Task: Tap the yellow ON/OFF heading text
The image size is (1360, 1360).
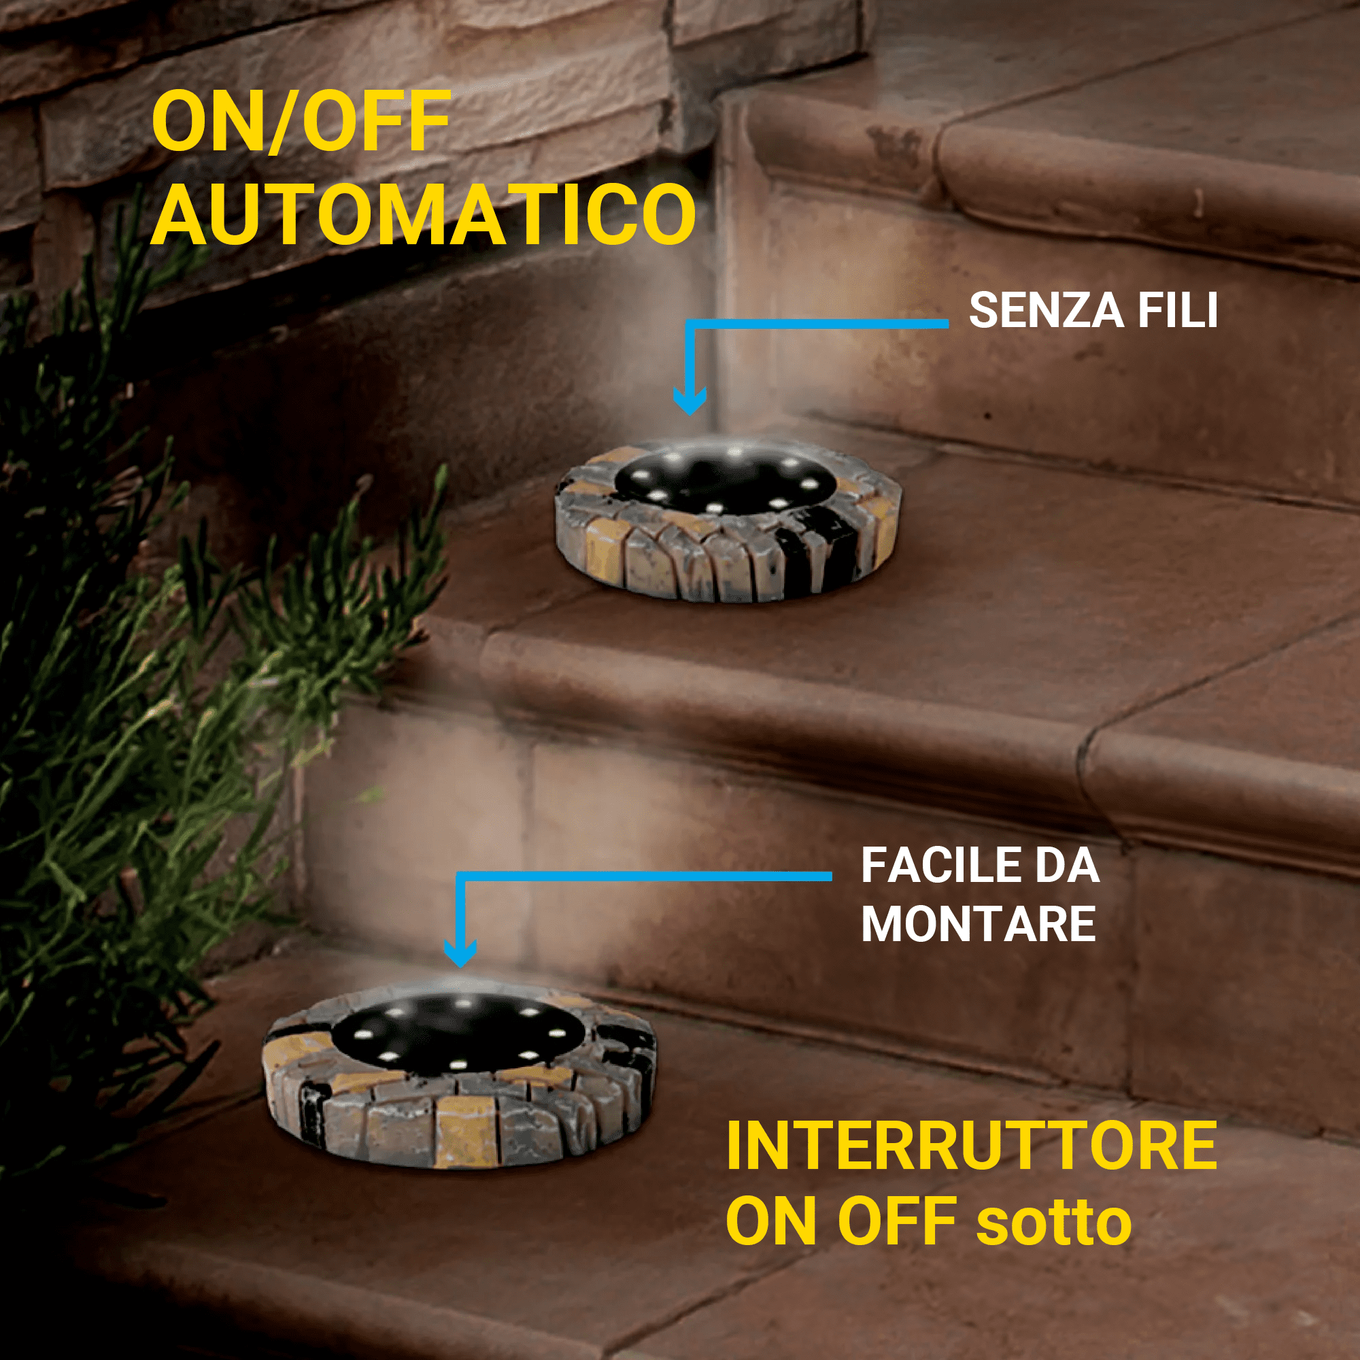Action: tap(301, 121)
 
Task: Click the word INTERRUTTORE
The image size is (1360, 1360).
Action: tap(972, 1144)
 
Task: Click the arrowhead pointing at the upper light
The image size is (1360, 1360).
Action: tap(690, 401)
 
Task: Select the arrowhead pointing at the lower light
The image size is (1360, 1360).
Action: tap(460, 954)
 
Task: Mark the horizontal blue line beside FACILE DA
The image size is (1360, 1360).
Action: tap(644, 877)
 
